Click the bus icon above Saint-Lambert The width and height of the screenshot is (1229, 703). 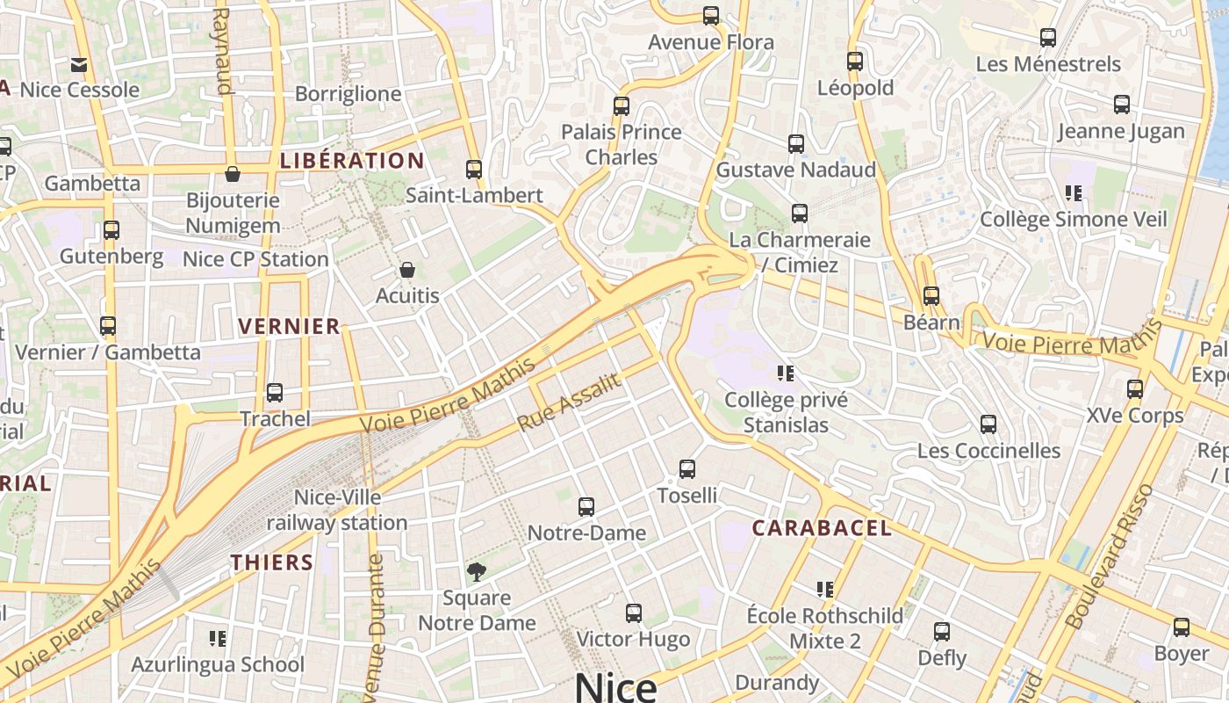point(474,169)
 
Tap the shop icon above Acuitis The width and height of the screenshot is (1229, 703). point(406,269)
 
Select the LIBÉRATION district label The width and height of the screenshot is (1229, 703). point(352,161)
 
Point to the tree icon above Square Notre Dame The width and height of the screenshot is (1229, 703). point(477,572)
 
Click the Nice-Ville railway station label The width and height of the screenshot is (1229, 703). point(337,510)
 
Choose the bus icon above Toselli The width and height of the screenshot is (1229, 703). point(687,469)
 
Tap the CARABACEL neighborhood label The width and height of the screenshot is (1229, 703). point(822,528)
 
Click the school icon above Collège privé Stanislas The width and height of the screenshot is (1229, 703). point(786,373)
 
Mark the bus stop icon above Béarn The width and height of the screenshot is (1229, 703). point(931,296)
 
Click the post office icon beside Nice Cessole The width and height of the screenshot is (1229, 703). point(79,64)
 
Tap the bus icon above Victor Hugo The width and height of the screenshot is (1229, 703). point(634,613)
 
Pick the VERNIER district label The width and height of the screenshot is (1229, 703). point(289,326)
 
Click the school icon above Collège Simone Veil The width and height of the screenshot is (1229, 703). point(1073,192)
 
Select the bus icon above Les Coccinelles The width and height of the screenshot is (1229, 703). point(988,424)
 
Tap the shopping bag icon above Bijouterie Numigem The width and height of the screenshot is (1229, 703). point(233,174)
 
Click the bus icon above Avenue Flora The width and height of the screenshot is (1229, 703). point(711,16)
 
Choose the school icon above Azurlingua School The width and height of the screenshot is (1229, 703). point(218,638)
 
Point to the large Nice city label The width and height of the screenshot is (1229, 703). point(615,686)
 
